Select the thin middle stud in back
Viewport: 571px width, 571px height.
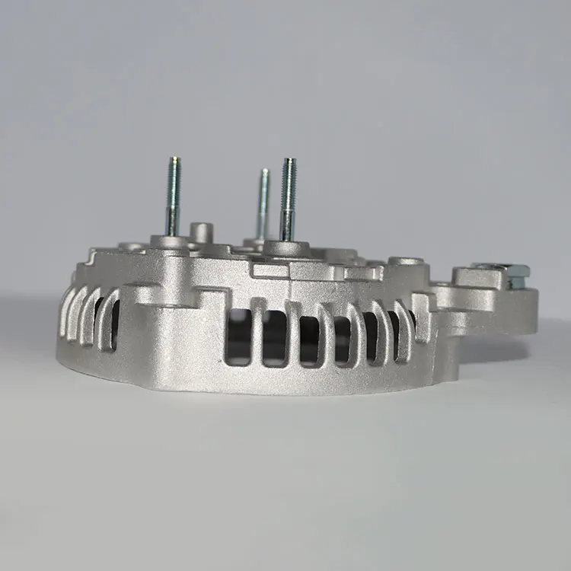[263, 202]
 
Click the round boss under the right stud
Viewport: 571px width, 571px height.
[287, 248]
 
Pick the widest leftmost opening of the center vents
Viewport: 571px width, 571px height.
[239, 335]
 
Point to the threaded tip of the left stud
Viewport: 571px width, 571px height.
[174, 164]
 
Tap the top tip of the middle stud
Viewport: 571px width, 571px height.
[263, 172]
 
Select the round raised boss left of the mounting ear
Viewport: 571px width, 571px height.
[406, 262]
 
